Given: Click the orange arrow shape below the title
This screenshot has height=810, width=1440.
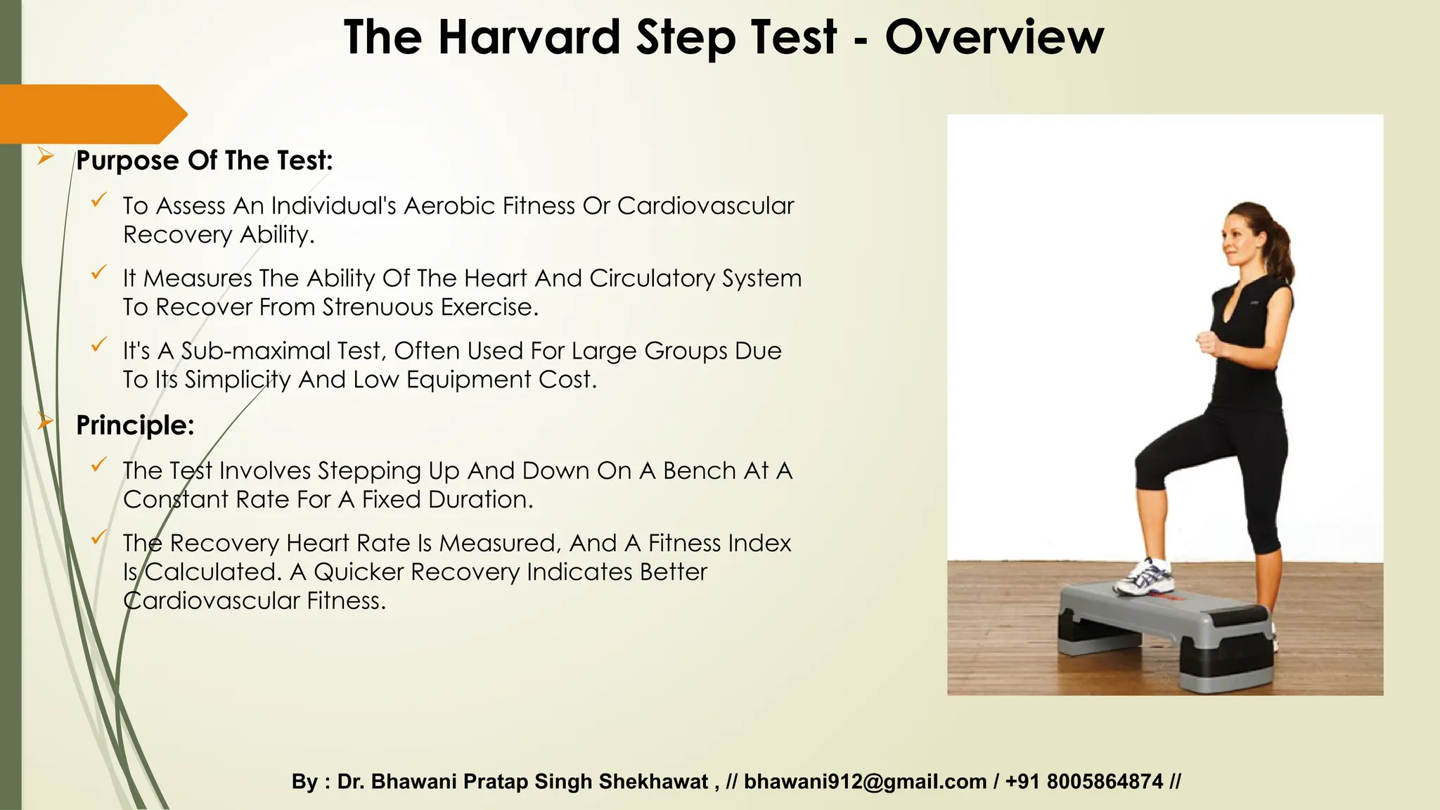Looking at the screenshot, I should tap(91, 114).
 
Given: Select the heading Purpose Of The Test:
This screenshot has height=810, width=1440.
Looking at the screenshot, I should tap(204, 160).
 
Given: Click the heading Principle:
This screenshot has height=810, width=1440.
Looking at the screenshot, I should tap(135, 425).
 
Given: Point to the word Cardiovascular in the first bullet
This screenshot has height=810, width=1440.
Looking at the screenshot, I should tap(705, 206).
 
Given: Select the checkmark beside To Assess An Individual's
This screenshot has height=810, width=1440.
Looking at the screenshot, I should tap(99, 200).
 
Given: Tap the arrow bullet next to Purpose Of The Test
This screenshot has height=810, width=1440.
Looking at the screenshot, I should tap(46, 156).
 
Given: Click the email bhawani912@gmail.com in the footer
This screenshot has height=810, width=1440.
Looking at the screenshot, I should tap(865, 782).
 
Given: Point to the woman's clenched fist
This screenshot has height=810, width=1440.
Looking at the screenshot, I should tap(1207, 342).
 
